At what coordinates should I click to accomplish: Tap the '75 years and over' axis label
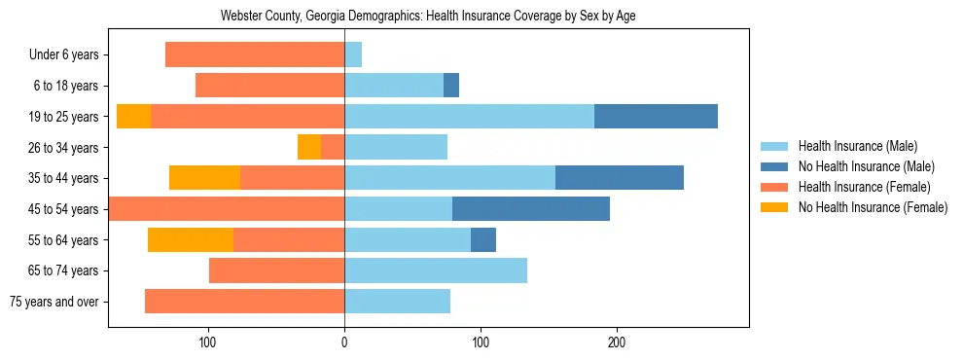[54, 302]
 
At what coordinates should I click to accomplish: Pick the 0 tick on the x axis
[344, 341]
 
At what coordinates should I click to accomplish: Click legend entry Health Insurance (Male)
[858, 146]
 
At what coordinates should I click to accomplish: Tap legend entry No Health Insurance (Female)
[872, 207]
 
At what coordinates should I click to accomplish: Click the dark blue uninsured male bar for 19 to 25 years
[656, 116]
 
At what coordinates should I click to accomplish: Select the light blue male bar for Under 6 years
[353, 54]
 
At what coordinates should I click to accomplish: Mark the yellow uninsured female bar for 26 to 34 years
[309, 147]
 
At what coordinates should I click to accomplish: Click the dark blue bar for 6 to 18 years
[451, 86]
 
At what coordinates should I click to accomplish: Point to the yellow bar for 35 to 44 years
[204, 178]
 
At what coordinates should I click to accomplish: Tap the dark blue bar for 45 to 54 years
[531, 208]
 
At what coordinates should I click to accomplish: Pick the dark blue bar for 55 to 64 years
[483, 239]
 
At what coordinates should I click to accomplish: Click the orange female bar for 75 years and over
[244, 302]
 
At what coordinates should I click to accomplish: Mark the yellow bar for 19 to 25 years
[133, 116]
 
